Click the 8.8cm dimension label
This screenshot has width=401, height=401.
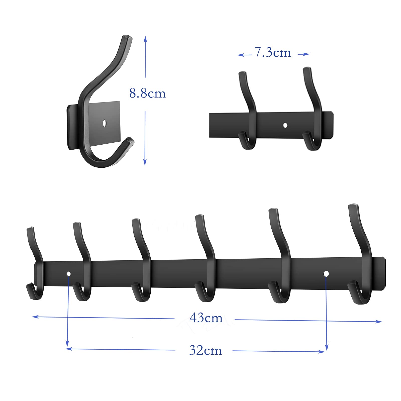[147, 93]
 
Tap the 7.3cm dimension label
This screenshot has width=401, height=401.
[272, 53]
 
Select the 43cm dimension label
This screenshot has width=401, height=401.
[206, 318]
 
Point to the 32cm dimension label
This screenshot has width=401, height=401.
[206, 350]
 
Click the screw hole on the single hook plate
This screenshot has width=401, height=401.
[105, 123]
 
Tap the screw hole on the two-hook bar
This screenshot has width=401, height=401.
[285, 125]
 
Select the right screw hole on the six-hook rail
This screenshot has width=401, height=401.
[326, 273]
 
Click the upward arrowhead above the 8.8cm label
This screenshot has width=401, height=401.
[145, 39]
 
